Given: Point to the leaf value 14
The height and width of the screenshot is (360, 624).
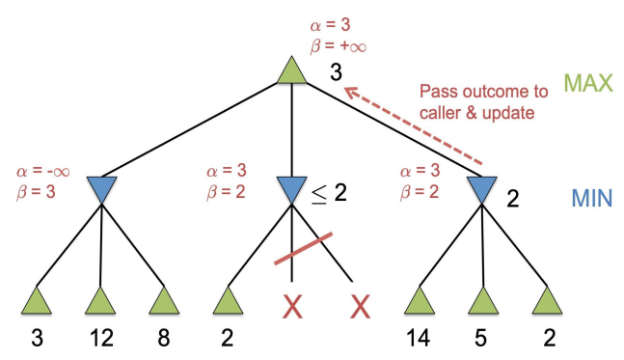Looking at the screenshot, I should pyautogui.click(x=420, y=339).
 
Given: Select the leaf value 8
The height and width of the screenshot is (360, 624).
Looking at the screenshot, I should pyautogui.click(x=163, y=339).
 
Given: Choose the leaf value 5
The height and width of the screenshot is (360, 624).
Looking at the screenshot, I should pyautogui.click(x=482, y=339).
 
